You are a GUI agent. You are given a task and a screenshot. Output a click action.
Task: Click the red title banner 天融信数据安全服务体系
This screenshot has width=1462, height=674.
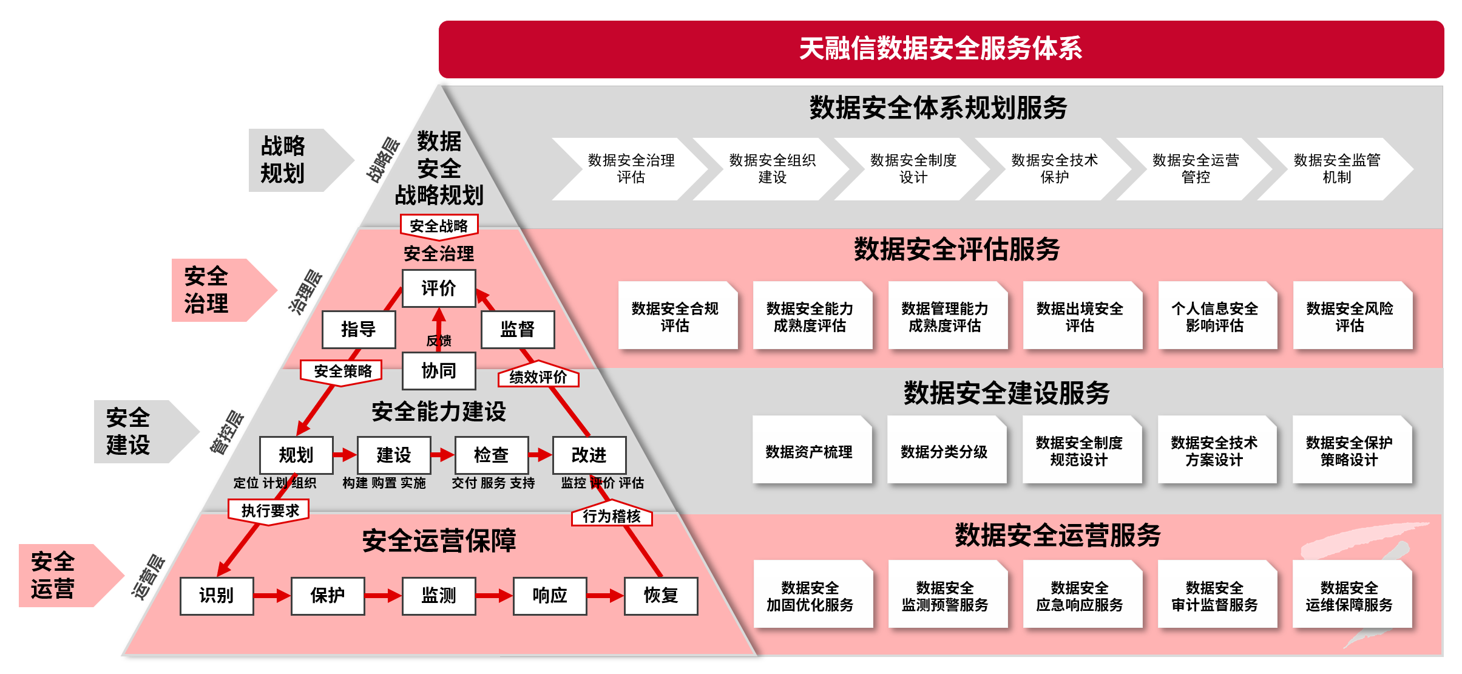[941, 49]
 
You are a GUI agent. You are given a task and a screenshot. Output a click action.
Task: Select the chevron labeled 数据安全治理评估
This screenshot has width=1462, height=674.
[631, 169]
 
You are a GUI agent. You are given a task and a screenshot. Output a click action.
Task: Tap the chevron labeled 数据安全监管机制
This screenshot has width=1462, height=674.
[1336, 169]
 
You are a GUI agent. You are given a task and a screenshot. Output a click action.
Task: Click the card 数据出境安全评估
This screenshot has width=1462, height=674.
[1080, 316]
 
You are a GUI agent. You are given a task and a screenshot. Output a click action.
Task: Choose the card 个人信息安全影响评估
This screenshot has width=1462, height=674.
[1214, 316]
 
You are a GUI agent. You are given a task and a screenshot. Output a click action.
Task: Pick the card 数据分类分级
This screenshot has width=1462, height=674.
[944, 451]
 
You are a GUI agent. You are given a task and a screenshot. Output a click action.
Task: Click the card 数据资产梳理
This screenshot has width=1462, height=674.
[809, 451]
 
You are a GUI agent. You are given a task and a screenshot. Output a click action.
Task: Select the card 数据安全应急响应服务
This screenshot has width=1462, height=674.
[1080, 596]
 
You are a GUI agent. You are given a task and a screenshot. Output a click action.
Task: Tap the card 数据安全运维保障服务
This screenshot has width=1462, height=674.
[1349, 596]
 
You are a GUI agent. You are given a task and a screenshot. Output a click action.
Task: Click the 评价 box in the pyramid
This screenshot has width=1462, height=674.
[439, 288]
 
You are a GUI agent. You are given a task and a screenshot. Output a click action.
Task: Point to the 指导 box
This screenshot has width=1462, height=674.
[358, 329]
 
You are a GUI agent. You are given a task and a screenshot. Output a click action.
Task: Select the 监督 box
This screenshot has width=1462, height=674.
[517, 329]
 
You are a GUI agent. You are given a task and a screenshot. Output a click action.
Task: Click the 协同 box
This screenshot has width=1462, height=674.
[439, 370]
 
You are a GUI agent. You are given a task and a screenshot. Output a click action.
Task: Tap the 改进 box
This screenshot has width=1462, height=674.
[589, 455]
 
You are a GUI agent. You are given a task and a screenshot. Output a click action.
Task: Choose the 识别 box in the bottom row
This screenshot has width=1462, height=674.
[216, 595]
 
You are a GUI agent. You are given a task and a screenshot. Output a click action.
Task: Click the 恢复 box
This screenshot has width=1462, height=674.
[660, 595]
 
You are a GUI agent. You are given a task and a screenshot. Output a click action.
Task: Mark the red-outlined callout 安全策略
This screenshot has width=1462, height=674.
[342, 371]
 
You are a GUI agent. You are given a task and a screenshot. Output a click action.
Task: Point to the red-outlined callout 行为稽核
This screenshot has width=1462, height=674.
[611, 516]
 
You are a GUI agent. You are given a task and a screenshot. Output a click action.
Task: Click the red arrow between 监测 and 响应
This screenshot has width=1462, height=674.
[494, 596]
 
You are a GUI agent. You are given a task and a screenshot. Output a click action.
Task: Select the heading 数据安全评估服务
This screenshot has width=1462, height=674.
[956, 250]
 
